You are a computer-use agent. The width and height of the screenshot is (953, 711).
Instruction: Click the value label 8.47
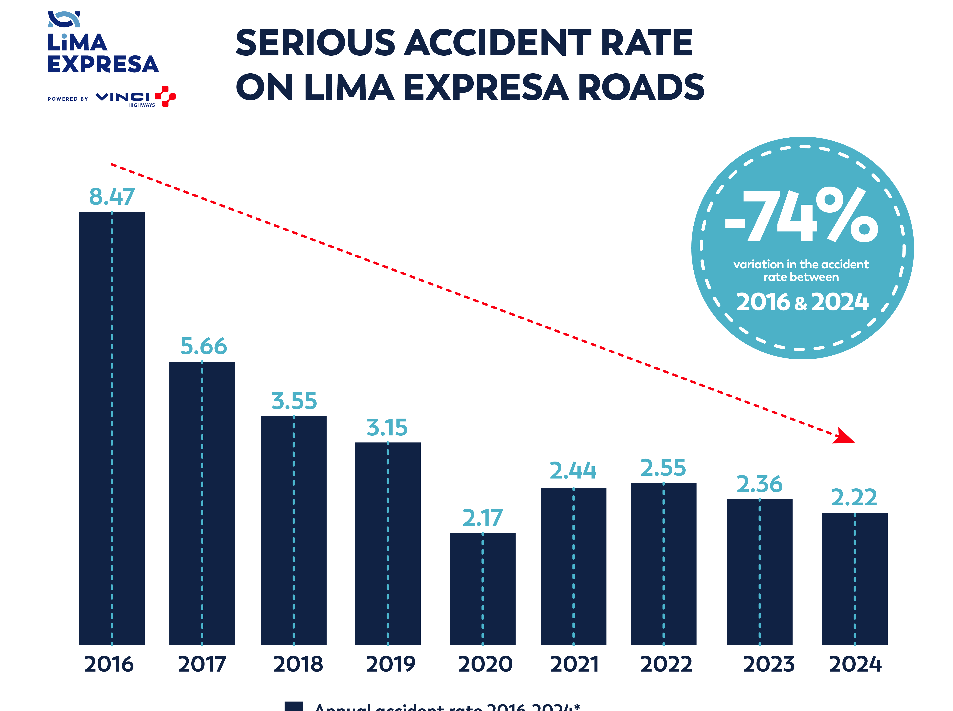112,197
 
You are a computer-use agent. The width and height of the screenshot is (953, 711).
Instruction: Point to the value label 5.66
203,346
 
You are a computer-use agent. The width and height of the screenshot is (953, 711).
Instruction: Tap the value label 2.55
663,468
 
